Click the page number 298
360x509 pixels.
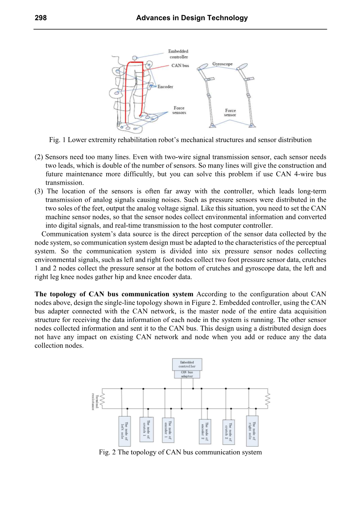click(x=40, y=18)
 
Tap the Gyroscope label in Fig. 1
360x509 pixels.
click(x=222, y=64)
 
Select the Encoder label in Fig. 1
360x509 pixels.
click(x=165, y=87)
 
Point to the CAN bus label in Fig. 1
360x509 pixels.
click(x=180, y=66)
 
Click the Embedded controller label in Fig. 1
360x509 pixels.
click(x=178, y=54)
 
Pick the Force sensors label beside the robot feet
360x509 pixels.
click(x=179, y=110)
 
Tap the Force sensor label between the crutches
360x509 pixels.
click(x=230, y=113)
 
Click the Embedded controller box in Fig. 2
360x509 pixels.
click(x=187, y=364)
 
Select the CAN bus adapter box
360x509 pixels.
click(x=187, y=374)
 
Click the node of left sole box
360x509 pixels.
click(x=124, y=431)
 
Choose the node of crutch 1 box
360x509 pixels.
click(x=146, y=429)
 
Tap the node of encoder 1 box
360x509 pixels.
click(x=168, y=430)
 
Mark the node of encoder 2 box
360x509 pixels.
click(x=205, y=431)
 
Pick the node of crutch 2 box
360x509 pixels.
click(x=228, y=431)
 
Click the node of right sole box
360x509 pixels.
click(x=252, y=431)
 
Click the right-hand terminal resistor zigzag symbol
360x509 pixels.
click(x=267, y=399)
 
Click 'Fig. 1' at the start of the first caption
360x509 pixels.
click(x=57, y=140)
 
